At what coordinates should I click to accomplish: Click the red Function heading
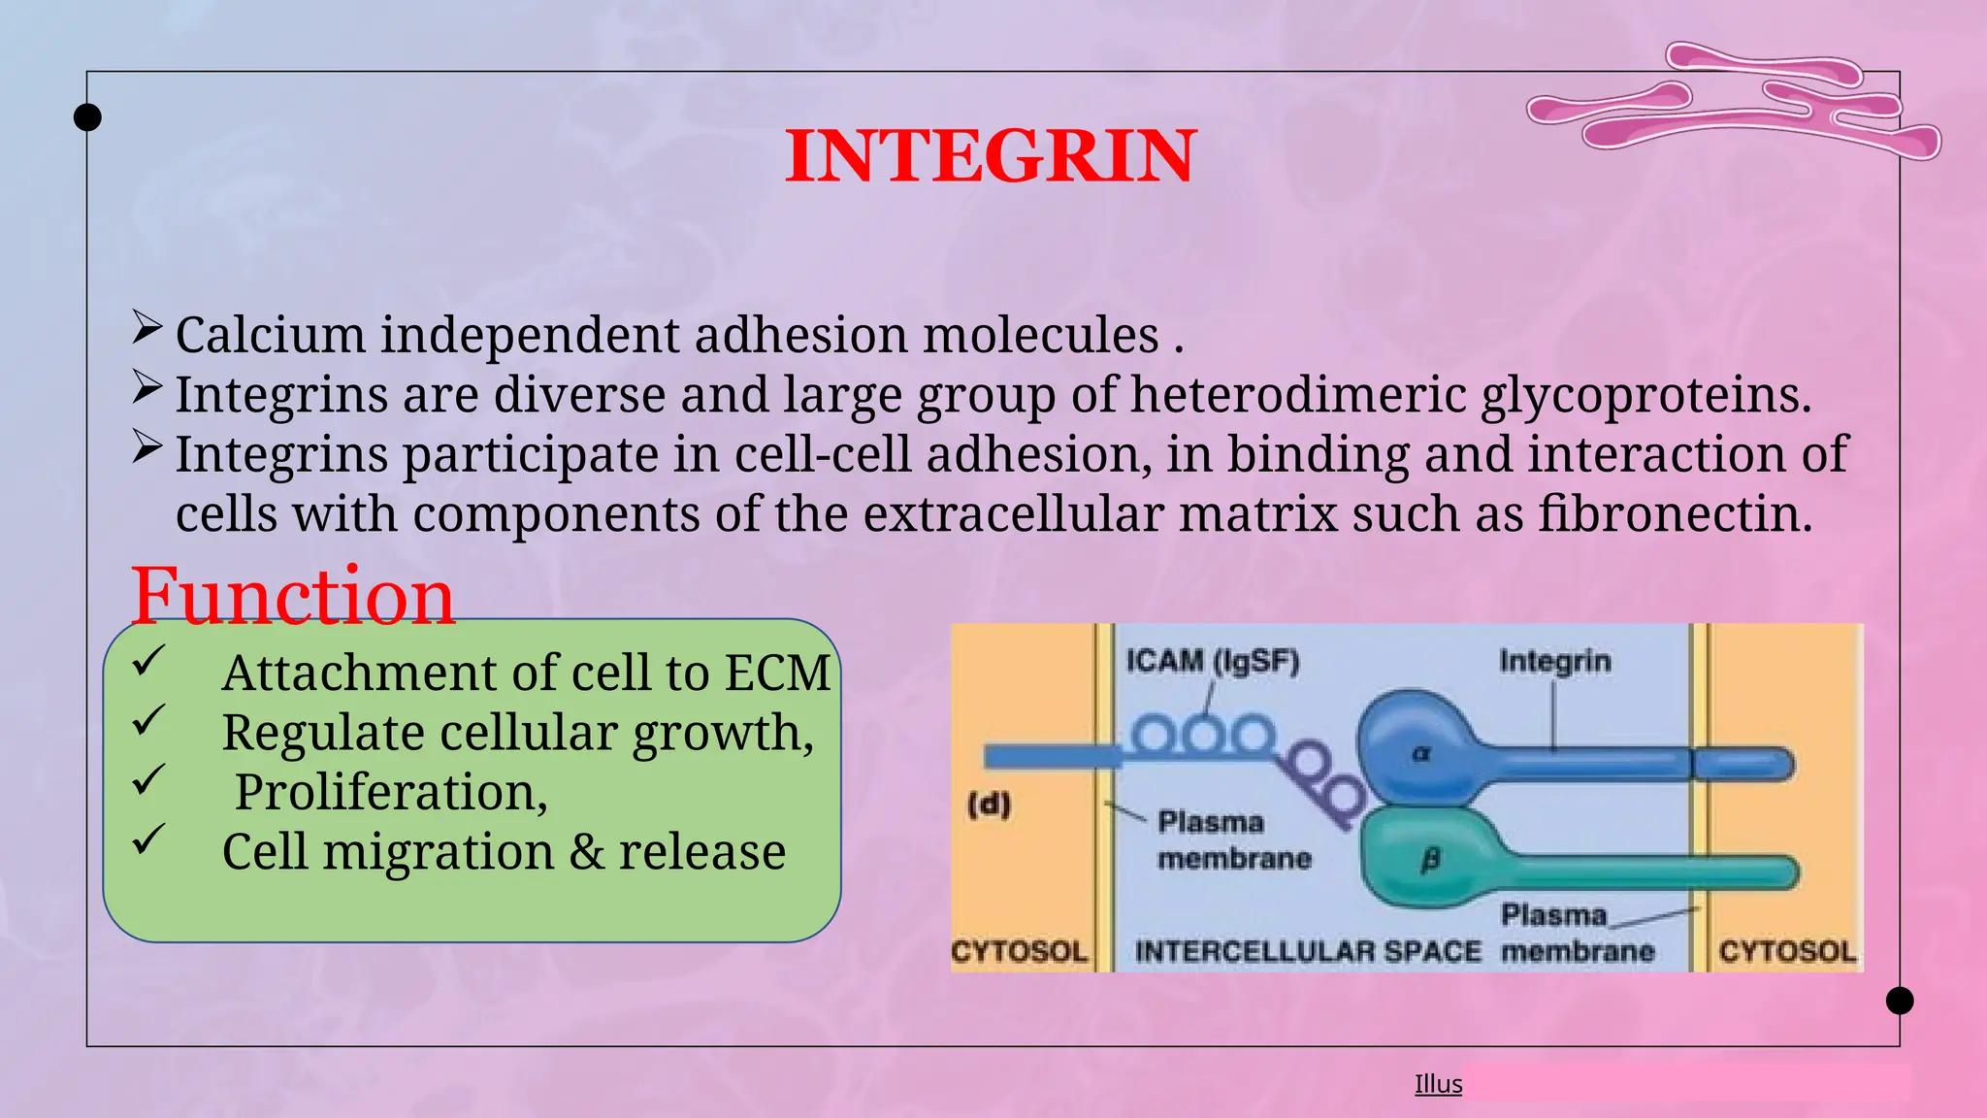pyautogui.click(x=292, y=596)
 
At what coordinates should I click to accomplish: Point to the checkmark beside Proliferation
pyautogui.click(x=148, y=780)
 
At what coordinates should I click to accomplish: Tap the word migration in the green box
pyautogui.click(x=438, y=852)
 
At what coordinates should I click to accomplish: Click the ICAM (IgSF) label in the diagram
pyautogui.click(x=1212, y=661)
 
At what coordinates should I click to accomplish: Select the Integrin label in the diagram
pyautogui.click(x=1554, y=661)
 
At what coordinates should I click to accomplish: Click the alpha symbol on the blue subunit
pyautogui.click(x=1420, y=752)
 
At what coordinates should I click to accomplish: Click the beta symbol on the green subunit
pyautogui.click(x=1430, y=859)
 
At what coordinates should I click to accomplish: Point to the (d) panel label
pyautogui.click(x=989, y=805)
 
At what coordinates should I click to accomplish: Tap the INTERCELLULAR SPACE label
pyautogui.click(x=1307, y=951)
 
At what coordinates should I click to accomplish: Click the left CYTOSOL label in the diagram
pyautogui.click(x=1019, y=951)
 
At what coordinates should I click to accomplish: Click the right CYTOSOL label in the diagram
pyautogui.click(x=1787, y=951)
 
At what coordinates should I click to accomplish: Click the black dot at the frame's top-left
pyautogui.click(x=87, y=117)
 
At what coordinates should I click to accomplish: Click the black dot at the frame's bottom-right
pyautogui.click(x=1899, y=1001)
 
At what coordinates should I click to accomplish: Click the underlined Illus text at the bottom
pyautogui.click(x=1438, y=1084)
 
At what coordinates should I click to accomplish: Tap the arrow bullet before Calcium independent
pyautogui.click(x=147, y=328)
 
